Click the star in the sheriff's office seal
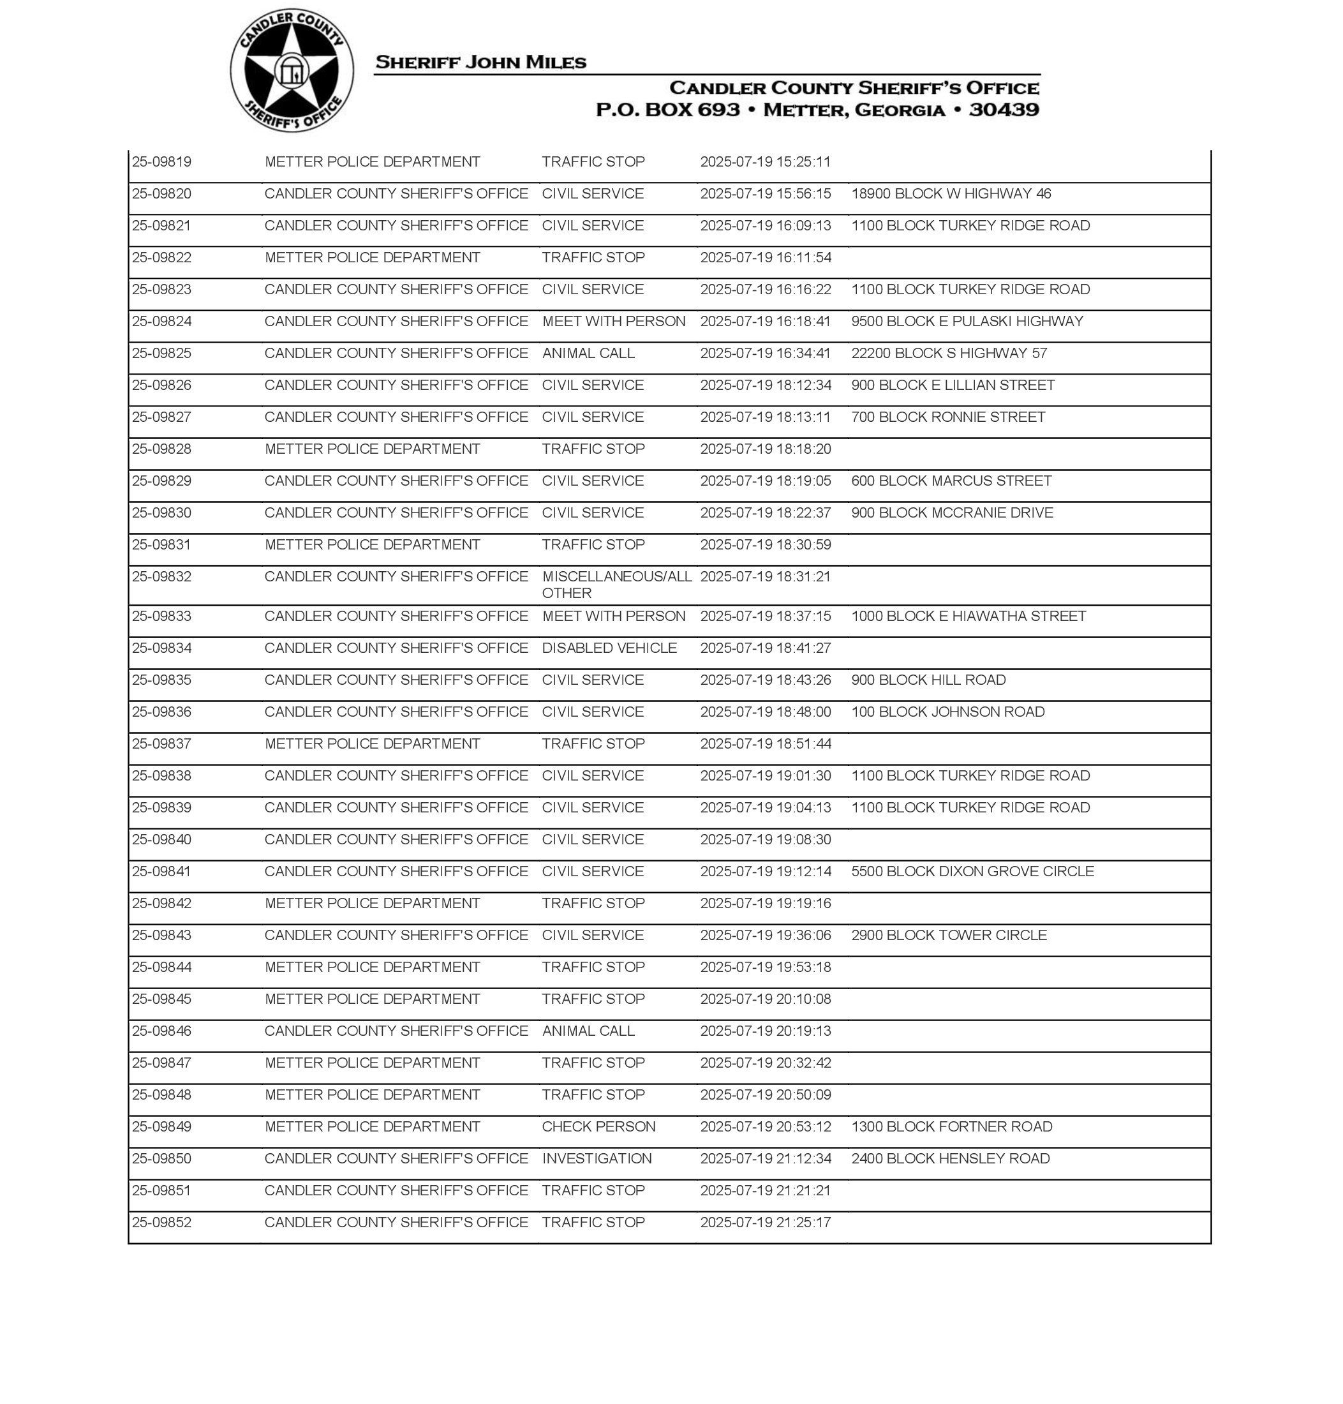coord(291,71)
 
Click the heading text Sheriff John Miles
coord(480,63)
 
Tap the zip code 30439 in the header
coord(1003,110)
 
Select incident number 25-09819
coord(162,162)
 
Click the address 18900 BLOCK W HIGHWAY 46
coord(951,194)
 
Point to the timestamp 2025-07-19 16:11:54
coord(765,258)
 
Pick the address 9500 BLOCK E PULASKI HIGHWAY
coord(967,322)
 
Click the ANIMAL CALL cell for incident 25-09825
coord(588,354)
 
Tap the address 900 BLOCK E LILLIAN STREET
coord(952,385)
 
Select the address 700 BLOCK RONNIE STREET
coord(948,417)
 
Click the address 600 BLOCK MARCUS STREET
coord(951,481)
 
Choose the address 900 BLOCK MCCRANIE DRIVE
coord(951,513)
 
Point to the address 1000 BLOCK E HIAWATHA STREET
coord(968,616)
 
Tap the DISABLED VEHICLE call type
coord(609,648)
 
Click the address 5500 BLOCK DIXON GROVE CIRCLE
coord(972,872)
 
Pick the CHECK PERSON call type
coord(598,1127)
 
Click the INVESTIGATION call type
coord(597,1159)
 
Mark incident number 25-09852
coord(162,1223)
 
